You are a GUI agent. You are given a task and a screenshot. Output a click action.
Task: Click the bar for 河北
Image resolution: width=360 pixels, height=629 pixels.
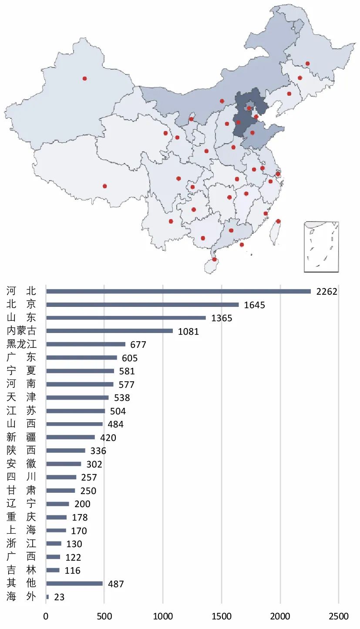(178, 291)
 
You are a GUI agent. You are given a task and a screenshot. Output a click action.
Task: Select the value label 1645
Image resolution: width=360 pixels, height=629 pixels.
(254, 305)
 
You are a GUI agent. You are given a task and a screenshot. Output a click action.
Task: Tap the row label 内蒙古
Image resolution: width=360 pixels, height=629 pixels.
(21, 331)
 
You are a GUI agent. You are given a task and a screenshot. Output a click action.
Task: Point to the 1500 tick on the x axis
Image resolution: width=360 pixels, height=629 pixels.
(222, 616)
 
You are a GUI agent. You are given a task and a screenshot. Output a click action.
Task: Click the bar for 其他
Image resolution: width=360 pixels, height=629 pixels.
(74, 583)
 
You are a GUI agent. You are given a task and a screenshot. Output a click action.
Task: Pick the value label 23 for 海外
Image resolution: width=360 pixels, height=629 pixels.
(59, 597)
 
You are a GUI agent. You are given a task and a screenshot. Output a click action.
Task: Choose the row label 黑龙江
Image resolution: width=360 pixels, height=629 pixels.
(21, 344)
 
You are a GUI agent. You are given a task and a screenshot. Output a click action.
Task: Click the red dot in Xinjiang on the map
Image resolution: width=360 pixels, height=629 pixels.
(84, 78)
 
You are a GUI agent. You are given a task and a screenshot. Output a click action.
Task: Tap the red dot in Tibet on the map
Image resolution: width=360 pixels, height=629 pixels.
(104, 186)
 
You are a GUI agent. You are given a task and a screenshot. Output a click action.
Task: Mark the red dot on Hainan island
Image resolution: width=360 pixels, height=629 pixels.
(214, 260)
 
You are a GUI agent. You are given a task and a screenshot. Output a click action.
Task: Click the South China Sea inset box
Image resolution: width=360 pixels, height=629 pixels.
(321, 247)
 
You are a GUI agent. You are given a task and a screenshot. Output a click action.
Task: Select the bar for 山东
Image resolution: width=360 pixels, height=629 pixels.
(126, 318)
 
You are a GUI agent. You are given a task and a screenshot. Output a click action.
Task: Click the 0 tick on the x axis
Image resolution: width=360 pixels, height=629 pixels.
(46, 616)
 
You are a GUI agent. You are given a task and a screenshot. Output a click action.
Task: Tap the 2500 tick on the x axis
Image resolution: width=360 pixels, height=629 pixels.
(339, 616)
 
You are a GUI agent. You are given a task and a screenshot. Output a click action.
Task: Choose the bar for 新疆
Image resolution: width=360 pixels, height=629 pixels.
(71, 437)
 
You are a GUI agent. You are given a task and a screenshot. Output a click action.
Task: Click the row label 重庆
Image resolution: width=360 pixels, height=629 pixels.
(21, 517)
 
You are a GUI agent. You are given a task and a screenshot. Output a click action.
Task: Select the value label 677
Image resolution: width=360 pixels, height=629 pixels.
(138, 345)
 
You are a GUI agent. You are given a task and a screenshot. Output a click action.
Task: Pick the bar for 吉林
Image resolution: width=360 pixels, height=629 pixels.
(53, 570)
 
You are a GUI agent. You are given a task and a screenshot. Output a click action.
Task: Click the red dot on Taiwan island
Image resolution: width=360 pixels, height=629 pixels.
(278, 221)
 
